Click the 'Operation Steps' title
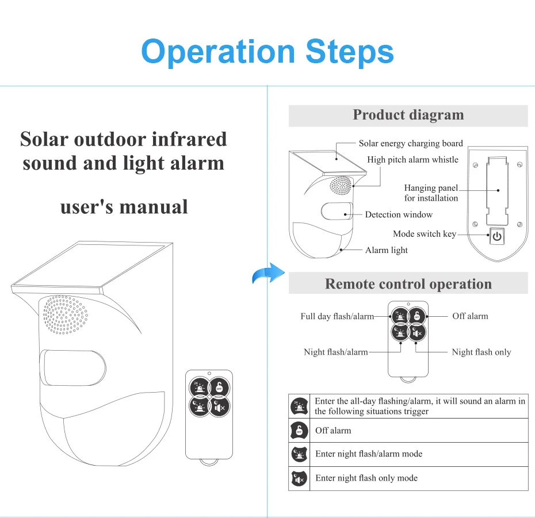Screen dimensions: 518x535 [267, 52]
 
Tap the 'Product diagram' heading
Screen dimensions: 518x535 [408, 115]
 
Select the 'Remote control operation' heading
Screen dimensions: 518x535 [408, 284]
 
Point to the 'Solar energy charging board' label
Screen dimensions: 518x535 [411, 144]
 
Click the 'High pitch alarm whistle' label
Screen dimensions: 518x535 [412, 159]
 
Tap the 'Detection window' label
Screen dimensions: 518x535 [399, 214]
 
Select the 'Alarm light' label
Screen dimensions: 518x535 [386, 250]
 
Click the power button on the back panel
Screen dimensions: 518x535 [496, 236]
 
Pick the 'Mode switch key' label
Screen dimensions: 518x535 [424, 234]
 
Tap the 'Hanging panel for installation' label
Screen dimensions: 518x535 [431, 193]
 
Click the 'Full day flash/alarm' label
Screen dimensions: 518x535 [337, 316]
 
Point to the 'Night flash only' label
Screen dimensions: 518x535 [481, 352]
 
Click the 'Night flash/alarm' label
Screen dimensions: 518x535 [335, 352]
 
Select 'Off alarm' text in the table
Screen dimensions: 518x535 [333, 431]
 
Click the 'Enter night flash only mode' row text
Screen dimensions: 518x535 [366, 478]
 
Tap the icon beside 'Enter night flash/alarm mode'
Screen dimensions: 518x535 [299, 454]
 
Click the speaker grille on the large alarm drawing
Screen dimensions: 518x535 [65, 314]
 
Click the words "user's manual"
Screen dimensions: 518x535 [124, 206]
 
